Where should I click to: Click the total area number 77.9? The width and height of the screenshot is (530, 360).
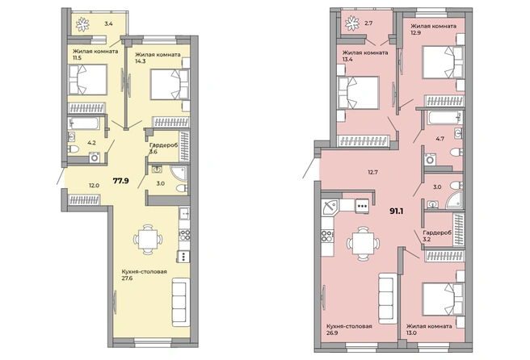(x=120, y=181)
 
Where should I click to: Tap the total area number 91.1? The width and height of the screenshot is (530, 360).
(x=397, y=211)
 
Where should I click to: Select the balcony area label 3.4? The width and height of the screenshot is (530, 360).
(x=108, y=23)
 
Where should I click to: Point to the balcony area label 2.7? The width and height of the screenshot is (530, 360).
(x=368, y=23)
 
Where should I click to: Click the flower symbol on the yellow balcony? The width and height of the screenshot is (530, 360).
(x=82, y=24)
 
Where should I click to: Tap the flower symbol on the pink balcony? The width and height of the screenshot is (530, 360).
(x=352, y=23)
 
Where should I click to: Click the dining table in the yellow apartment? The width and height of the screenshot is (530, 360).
(x=148, y=240)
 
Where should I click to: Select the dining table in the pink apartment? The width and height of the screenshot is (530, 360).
(x=363, y=243)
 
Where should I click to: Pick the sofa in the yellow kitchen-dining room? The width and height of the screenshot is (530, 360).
(x=181, y=302)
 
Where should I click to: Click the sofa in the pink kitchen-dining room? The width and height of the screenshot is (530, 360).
(x=387, y=299)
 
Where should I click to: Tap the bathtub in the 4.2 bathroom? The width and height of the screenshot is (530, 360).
(x=83, y=123)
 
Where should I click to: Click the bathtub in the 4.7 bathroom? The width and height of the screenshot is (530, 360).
(x=445, y=118)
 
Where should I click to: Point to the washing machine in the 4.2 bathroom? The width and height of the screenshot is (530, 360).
(x=95, y=157)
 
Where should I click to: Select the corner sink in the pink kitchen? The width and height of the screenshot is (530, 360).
(x=330, y=207)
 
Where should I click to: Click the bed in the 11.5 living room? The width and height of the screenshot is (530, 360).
(x=88, y=80)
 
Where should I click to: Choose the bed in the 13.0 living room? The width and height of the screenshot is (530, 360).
(x=443, y=299)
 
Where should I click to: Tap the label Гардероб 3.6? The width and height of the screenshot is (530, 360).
(x=163, y=149)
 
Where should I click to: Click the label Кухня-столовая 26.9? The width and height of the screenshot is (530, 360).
(x=349, y=329)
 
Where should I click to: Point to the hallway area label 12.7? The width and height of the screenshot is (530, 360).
(x=372, y=172)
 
